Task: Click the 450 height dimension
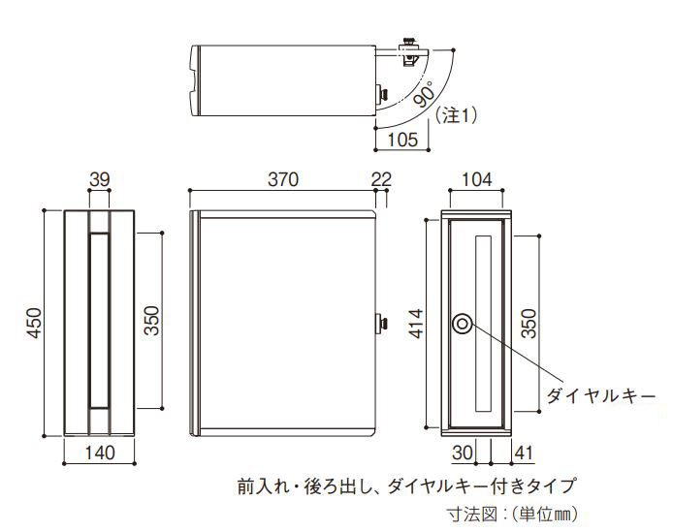(x=35, y=323)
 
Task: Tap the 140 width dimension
(x=100, y=453)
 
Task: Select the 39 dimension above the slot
(x=100, y=179)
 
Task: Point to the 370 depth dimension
(x=283, y=179)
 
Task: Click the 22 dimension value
(x=381, y=179)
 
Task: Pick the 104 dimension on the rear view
(x=476, y=179)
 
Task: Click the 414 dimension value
(x=416, y=324)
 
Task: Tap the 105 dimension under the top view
(x=402, y=140)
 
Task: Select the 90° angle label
(x=425, y=94)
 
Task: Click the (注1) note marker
(x=456, y=115)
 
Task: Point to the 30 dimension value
(x=463, y=453)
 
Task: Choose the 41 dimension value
(x=524, y=453)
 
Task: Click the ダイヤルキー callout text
(x=600, y=395)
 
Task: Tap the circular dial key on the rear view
(x=463, y=324)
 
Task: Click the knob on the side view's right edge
(x=381, y=323)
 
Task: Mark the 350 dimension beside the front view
(x=152, y=321)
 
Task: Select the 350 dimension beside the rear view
(x=529, y=324)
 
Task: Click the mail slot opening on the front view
(x=100, y=320)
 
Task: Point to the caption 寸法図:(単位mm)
(x=513, y=514)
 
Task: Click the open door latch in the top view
(x=410, y=52)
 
